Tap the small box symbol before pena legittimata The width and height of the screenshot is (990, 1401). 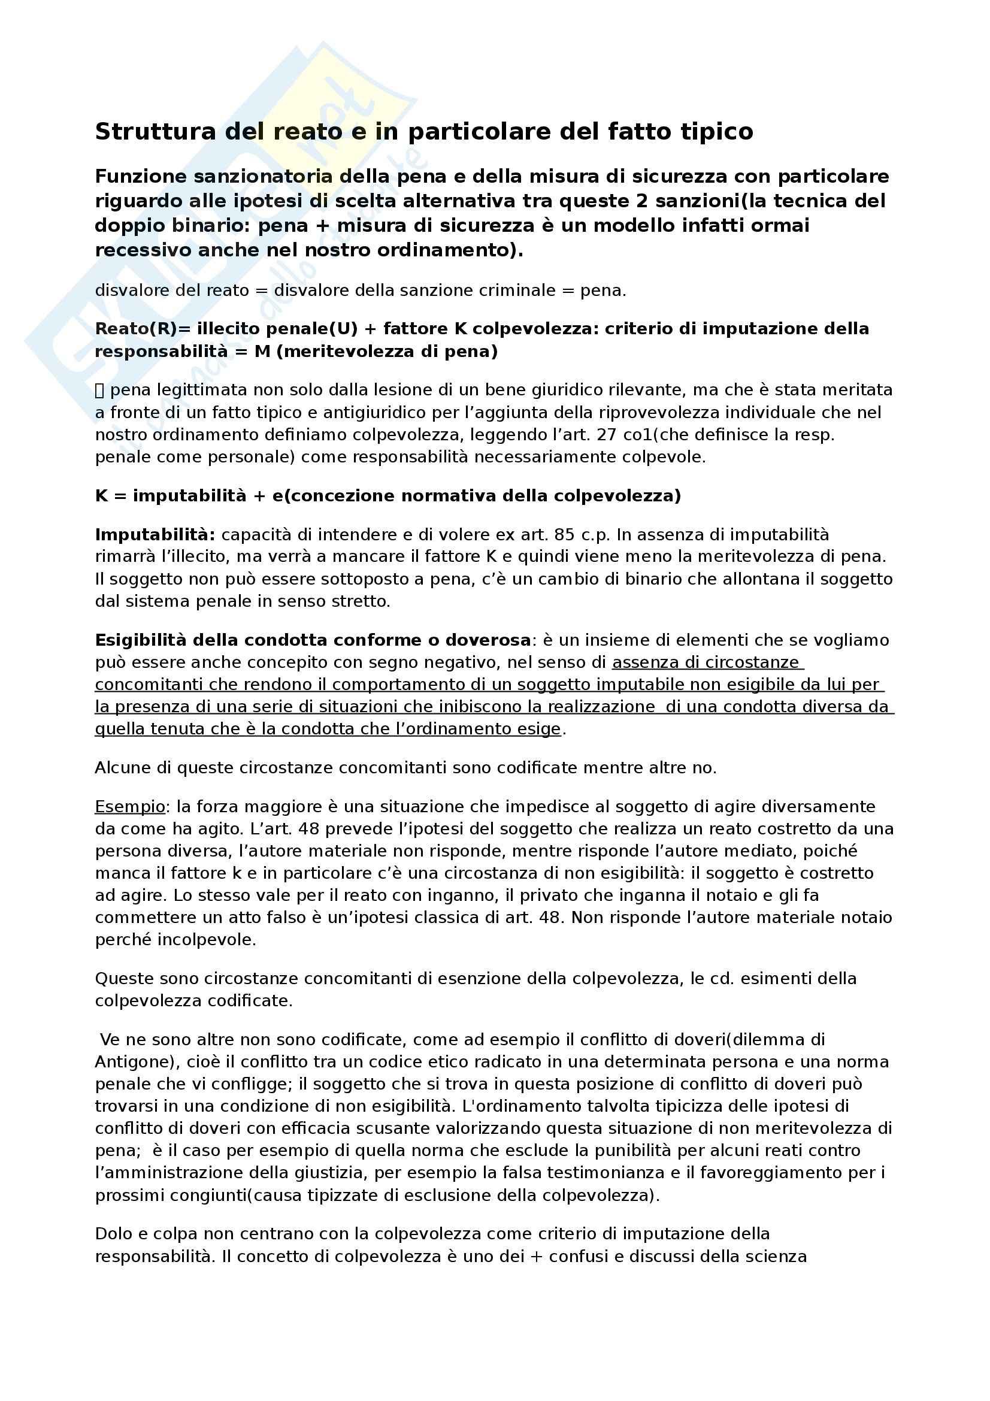[x=100, y=391]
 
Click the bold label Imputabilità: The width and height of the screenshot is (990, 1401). [x=155, y=535]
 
